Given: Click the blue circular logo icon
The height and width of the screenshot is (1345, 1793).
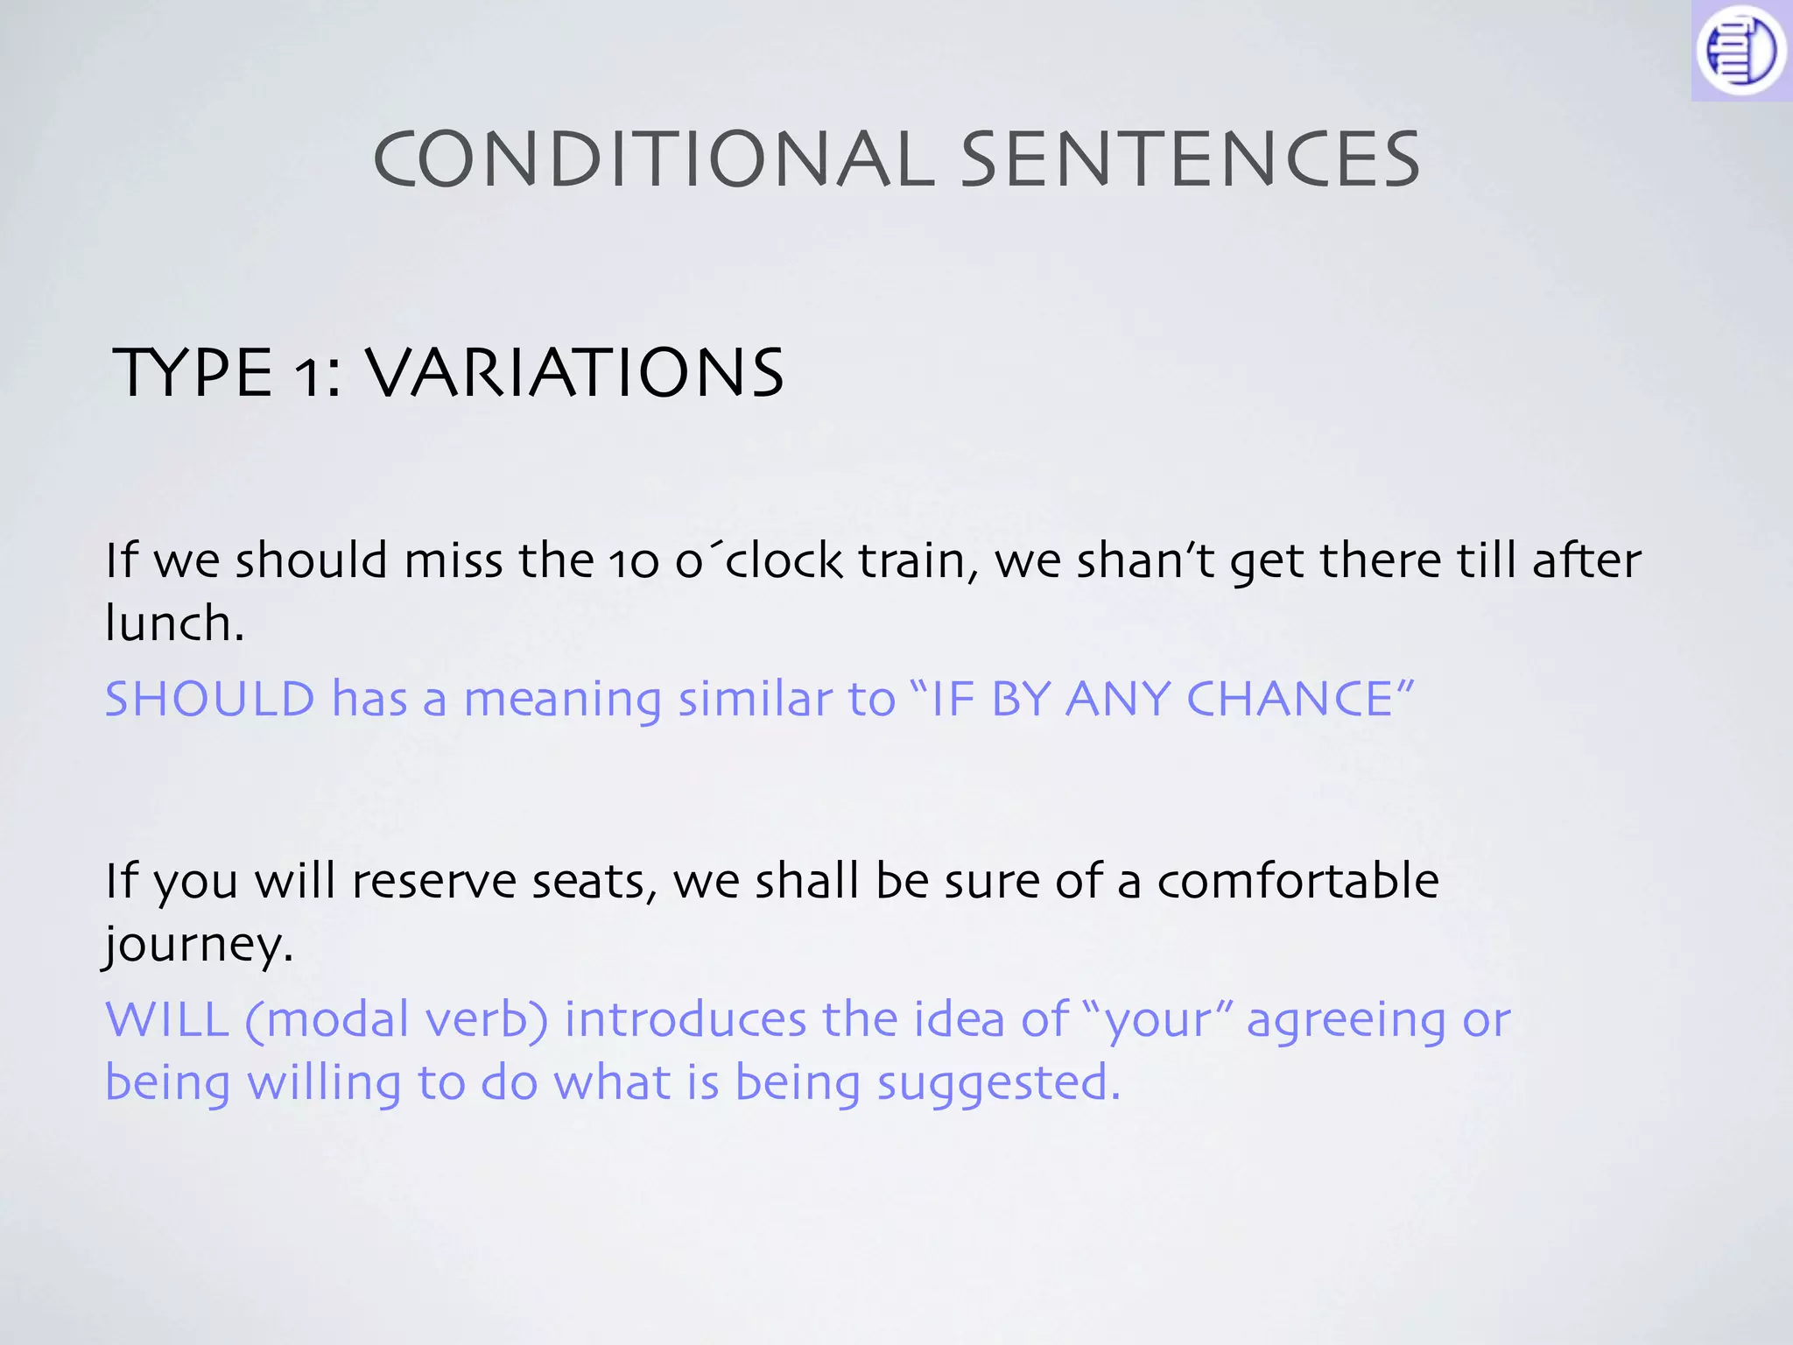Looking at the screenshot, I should coord(1740,50).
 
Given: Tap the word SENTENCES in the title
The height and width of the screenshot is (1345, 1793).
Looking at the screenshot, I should coord(1191,159).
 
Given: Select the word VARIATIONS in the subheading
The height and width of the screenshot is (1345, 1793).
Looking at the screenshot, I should coord(573,373).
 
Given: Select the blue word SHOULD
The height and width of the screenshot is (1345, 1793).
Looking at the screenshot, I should coord(209,699).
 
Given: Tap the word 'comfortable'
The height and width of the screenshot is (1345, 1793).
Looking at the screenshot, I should coord(1297,881).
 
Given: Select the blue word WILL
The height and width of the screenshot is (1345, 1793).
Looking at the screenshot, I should coord(166,1019).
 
